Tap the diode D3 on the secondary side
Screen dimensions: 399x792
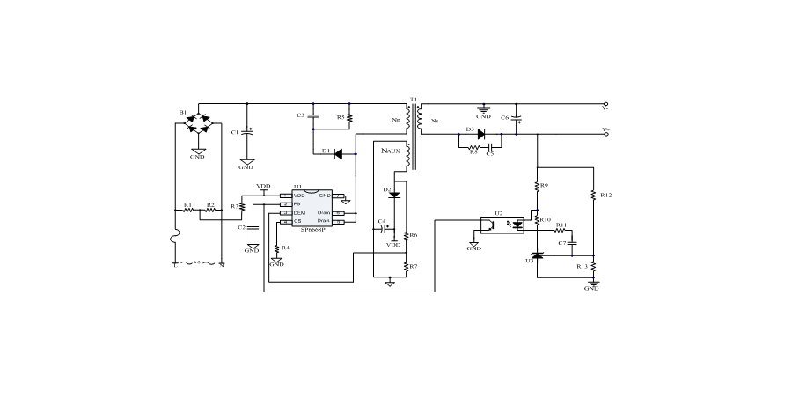[481, 134]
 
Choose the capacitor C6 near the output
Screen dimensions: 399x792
[517, 117]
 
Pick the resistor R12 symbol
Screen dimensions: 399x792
[594, 194]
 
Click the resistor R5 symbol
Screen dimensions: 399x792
[350, 116]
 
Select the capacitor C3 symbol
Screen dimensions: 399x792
[312, 115]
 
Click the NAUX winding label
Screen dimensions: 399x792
[390, 151]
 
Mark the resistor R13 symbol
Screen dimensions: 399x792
[594, 265]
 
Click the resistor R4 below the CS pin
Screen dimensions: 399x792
[276, 248]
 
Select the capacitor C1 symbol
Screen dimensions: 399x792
[246, 131]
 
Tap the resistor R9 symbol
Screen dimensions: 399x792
[537, 186]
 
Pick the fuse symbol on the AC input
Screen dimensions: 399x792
[176, 240]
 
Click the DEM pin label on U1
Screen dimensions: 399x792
[299, 213]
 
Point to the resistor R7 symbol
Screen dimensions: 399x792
[406, 265]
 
